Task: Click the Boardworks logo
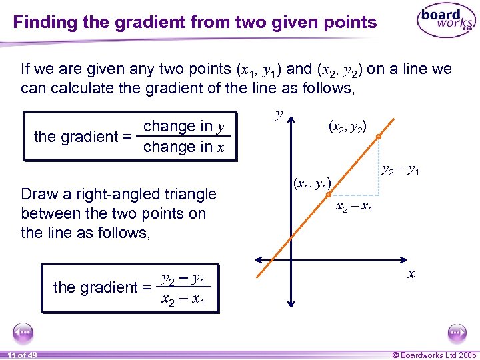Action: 446,21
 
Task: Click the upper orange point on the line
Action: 378,137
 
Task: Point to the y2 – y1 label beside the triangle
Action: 400,171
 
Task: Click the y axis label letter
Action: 279,114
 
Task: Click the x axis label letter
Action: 411,273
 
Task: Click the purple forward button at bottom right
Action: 457,332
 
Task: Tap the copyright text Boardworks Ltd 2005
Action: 433,355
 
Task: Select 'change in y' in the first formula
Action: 183,126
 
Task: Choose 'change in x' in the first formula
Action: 183,147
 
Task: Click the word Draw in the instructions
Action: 39,194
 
